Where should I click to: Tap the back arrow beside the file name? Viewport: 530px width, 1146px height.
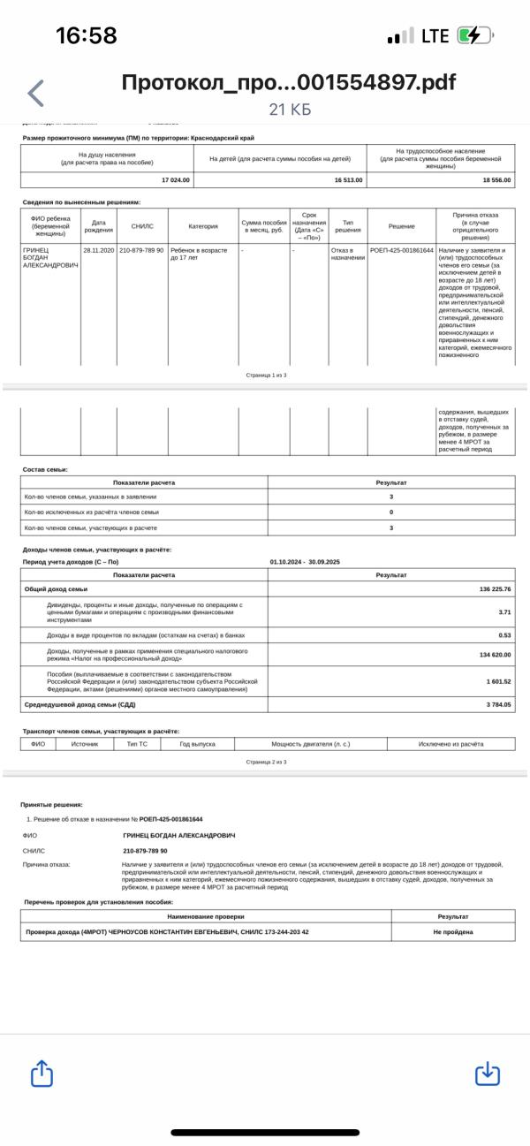36,94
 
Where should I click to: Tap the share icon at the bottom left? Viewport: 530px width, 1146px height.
42,1073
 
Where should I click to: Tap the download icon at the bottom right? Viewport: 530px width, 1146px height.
488,1073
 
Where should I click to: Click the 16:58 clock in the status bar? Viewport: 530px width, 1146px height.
87,35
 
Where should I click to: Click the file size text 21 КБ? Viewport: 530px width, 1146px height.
290,110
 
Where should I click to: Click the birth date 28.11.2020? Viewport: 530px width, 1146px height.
99,250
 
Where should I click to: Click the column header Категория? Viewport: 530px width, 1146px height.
203,226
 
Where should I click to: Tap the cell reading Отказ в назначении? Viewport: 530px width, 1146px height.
347,254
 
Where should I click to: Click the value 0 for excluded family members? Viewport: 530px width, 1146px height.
391,512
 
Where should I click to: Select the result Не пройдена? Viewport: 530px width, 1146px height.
453,931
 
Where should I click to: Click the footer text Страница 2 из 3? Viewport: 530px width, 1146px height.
266,762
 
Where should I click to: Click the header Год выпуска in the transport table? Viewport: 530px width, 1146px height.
197,744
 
